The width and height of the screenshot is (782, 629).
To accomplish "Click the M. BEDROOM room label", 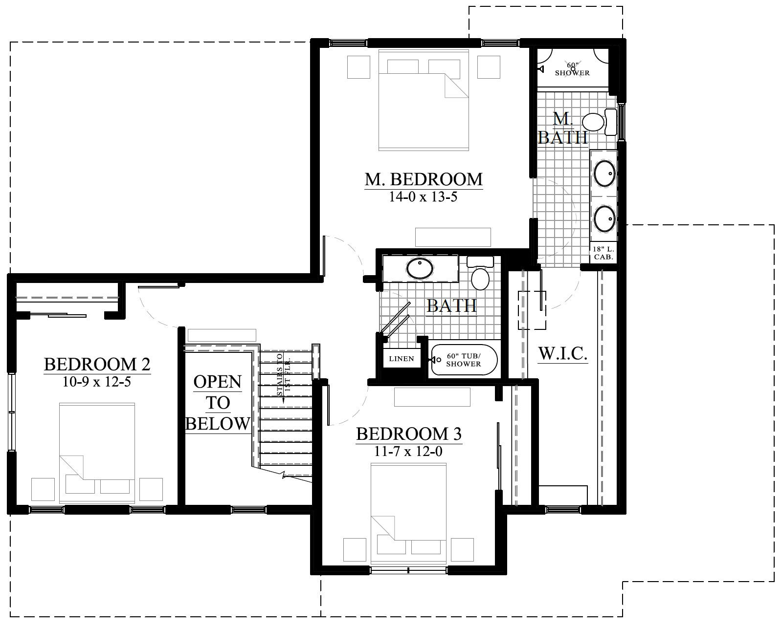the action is click(424, 179).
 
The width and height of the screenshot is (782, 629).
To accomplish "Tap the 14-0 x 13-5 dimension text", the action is click(424, 197).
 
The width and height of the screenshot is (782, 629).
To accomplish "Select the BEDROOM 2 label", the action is click(97, 364).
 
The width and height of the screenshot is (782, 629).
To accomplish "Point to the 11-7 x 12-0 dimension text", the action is click(408, 452).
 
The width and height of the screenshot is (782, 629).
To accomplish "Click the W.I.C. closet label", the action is click(562, 353).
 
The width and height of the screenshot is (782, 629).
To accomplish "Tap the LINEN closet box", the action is click(402, 359).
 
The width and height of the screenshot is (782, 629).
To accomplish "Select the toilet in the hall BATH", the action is click(480, 273).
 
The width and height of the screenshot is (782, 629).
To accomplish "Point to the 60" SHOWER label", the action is click(572, 69).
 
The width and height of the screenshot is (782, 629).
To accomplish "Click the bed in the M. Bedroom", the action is click(424, 100).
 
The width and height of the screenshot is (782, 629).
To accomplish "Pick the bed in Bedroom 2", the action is click(97, 453).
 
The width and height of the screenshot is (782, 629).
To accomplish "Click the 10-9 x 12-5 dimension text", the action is click(97, 382).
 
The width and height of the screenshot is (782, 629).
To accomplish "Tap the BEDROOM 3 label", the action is click(409, 434).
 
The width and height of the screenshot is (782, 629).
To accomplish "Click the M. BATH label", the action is click(563, 128).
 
